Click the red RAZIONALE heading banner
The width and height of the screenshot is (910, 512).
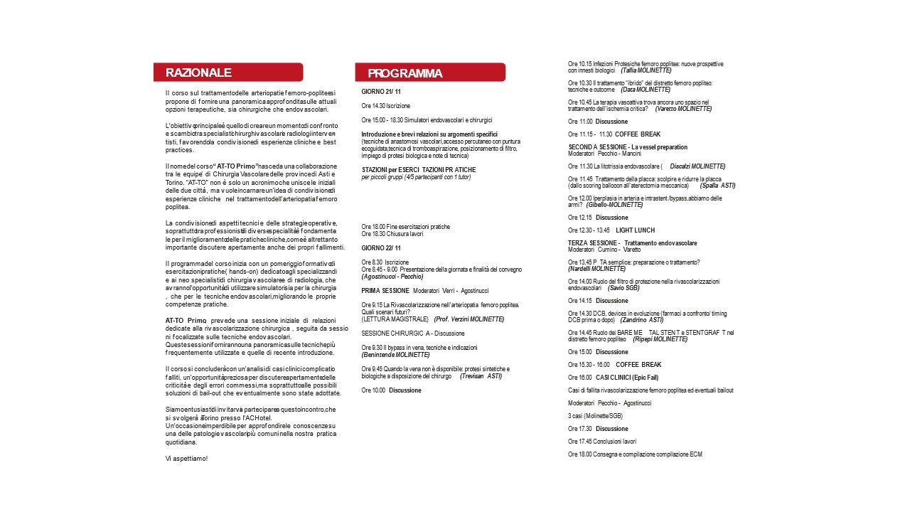pos(227,73)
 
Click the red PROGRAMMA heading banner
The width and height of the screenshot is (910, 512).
pos(430,73)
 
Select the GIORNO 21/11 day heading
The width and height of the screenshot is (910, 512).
pos(381,92)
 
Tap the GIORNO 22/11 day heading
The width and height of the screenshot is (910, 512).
pos(381,247)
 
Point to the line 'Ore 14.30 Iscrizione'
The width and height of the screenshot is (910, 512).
pos(385,106)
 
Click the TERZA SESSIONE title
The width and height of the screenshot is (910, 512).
pos(594,243)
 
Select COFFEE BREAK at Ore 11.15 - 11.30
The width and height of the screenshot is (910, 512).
pos(638,134)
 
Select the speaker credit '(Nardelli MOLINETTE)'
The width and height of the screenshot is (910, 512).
pos(597,269)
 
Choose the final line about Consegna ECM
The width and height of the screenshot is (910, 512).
pos(635,454)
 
